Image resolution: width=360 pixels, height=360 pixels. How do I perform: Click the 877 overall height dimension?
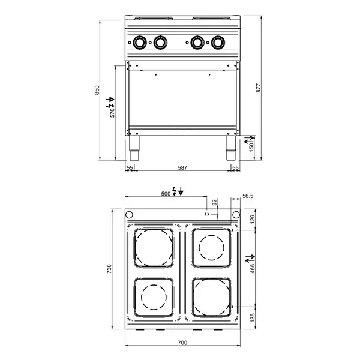pos(259,88)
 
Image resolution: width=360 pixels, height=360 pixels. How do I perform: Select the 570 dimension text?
pos(112,111)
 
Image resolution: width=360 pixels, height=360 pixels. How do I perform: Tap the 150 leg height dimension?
pos(251,146)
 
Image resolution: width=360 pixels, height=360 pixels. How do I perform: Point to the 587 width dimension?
pos(182,168)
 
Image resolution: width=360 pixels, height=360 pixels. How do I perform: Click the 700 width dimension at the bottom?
pos(182,343)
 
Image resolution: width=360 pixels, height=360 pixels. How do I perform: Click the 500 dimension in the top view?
pos(166,194)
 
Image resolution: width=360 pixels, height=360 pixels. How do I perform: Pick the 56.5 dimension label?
pos(248,195)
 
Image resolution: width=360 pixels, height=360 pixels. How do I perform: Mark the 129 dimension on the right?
pos(253,220)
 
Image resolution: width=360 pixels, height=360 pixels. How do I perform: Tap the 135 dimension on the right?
pos(253,317)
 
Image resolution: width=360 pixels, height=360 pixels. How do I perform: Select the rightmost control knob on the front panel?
pos(217,43)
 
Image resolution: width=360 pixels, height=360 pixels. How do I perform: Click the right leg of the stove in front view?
pos(231,147)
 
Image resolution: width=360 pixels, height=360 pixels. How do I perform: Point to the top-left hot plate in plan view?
pos(154,248)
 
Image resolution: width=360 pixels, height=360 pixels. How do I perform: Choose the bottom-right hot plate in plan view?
pos(211,297)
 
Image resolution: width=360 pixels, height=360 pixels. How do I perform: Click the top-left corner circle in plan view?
pos(130,215)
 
